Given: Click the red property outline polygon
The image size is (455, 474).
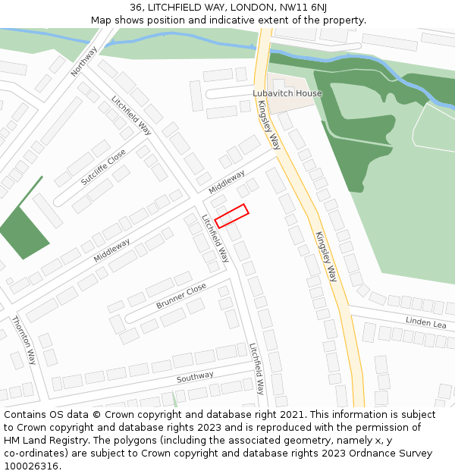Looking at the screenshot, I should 232,215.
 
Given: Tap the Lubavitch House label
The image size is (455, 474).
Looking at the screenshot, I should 287,93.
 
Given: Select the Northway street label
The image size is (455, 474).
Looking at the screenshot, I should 84,61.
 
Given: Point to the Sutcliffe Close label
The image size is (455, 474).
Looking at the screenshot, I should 103,168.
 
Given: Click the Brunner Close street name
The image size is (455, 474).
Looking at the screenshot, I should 181,296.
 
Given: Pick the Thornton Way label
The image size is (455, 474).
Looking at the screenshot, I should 24,340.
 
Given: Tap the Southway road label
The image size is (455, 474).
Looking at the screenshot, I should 195,377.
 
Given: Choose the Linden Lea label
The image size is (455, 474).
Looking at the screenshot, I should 426,323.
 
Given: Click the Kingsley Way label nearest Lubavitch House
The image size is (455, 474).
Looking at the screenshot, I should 269,124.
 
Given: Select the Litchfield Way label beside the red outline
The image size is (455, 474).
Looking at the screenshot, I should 215,238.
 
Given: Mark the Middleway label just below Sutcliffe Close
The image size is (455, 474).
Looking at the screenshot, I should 111,250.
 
